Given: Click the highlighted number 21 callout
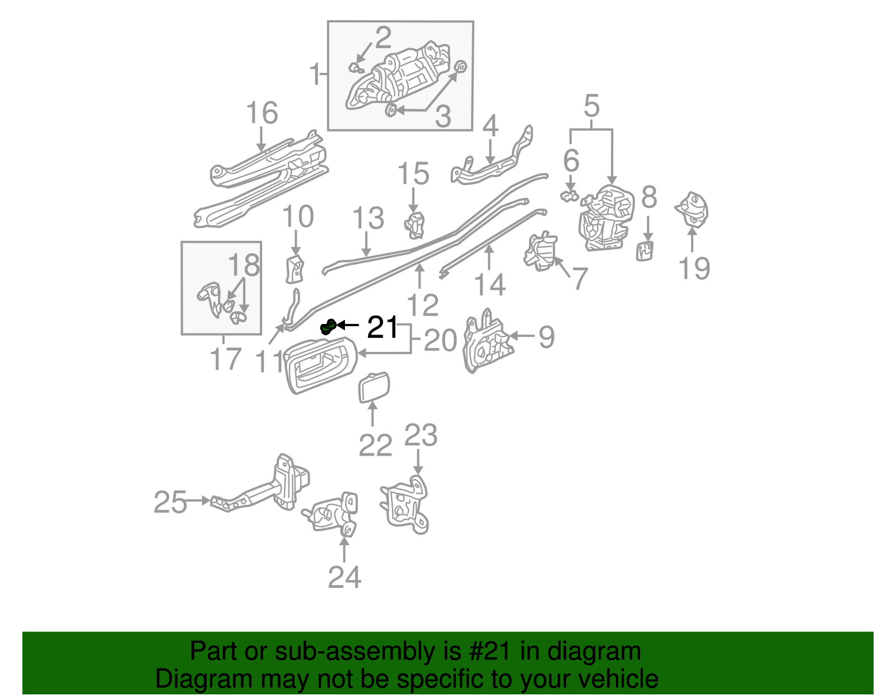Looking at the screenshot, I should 382,327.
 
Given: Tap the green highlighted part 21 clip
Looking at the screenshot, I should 328,326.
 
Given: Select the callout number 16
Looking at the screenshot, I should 262,113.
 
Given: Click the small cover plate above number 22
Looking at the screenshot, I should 374,387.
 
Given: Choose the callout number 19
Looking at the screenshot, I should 694,268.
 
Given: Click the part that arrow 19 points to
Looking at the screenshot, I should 693,210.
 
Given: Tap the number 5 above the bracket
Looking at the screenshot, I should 591,106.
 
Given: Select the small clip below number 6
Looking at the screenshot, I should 570,196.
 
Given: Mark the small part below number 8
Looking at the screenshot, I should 645,250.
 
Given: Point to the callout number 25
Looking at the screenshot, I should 170,502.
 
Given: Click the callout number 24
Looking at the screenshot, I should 344,577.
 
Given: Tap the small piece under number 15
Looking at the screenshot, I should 414,225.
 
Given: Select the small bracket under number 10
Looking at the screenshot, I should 295,269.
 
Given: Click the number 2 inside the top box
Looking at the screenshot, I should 383,38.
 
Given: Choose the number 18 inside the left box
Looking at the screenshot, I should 244,265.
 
